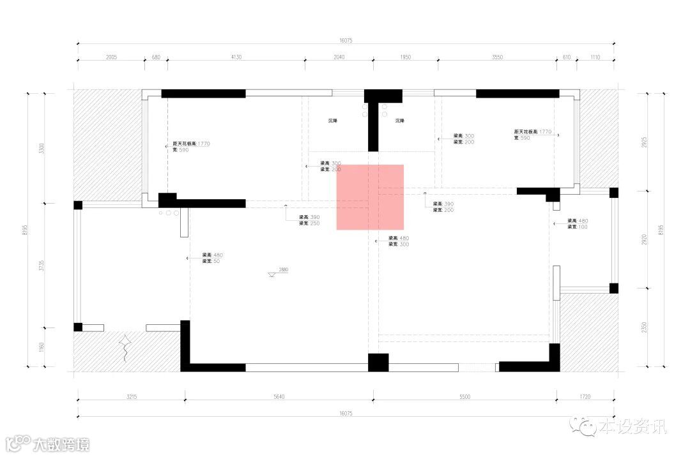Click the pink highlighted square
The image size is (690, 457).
pos(370,197)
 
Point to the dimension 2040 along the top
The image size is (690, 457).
pos(339,57)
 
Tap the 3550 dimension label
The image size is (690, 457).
pos(497,57)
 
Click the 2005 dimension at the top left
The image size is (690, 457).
pos(111,57)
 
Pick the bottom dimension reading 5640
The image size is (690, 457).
pos(279,397)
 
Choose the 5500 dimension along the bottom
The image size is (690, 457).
pos(464,397)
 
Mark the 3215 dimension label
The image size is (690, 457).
pos(131,397)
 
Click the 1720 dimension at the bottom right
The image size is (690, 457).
pos(585,397)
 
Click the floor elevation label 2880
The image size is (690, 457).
pos(284,270)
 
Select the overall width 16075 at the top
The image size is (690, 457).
pos(346,40)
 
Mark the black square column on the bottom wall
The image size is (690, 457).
pos(378,363)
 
